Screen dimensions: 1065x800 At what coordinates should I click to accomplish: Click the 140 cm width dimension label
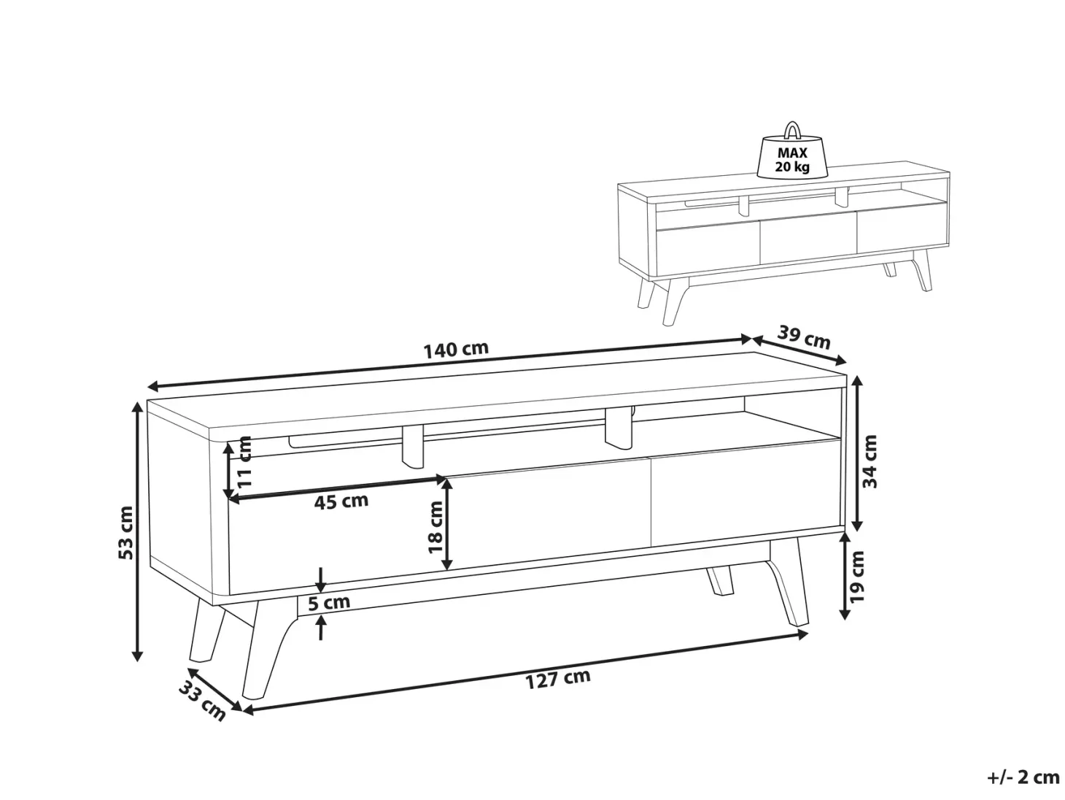point(456,350)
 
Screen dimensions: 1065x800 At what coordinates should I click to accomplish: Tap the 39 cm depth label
point(803,337)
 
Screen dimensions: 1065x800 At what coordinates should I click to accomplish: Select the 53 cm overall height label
point(125,532)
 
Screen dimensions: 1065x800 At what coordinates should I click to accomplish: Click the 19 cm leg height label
point(857,576)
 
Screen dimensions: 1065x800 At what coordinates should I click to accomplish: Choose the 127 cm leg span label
point(558,679)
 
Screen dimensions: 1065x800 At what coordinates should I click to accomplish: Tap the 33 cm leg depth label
point(202,701)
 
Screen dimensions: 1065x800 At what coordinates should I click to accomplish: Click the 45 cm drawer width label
point(341,501)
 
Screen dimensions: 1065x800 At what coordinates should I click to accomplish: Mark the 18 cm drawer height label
point(435,527)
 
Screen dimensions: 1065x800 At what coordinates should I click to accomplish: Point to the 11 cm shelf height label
point(244,461)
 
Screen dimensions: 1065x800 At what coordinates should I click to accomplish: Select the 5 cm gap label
point(329,602)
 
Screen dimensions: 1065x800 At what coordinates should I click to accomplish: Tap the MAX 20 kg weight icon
point(792,150)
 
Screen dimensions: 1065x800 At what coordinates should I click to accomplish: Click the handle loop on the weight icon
point(792,129)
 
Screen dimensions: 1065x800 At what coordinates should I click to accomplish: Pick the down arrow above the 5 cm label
point(320,578)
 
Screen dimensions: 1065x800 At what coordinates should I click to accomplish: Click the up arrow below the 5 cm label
point(320,627)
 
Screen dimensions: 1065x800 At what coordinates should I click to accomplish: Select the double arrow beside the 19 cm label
point(845,576)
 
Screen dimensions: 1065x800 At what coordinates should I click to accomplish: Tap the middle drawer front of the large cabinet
point(547,515)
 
